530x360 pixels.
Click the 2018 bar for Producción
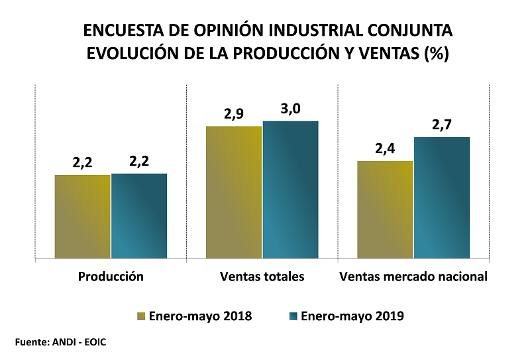(83, 216)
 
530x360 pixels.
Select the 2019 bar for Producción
(139, 215)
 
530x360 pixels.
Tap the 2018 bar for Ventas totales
(234, 192)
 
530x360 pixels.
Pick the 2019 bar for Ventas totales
(290, 189)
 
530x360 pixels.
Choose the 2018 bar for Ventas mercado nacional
(385, 209)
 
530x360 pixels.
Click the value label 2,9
(234, 114)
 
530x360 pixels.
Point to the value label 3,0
(291, 109)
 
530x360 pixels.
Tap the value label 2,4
(385, 149)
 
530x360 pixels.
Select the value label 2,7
(442, 125)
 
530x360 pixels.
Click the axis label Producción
(111, 276)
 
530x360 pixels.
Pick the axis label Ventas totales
(262, 276)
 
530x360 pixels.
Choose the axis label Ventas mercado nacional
(413, 276)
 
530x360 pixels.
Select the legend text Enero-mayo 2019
(352, 316)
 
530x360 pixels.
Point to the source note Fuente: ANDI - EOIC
(60, 342)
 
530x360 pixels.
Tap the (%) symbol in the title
(436, 54)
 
